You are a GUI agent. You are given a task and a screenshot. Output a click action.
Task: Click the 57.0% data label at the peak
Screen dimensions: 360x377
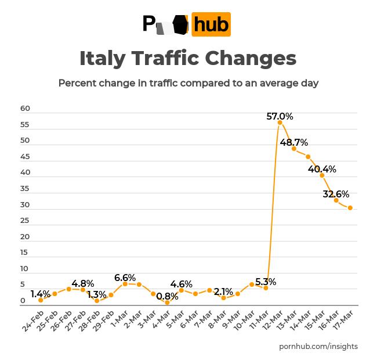pyautogui.click(x=280, y=116)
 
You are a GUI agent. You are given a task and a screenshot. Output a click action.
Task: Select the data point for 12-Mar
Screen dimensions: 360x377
pyautogui.click(x=280, y=123)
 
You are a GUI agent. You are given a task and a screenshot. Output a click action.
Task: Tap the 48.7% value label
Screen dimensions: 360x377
pyautogui.click(x=294, y=143)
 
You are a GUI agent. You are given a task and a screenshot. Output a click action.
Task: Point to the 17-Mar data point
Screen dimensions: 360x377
pyautogui.click(x=350, y=208)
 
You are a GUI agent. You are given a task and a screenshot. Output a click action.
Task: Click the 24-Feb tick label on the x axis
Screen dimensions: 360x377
pyautogui.click(x=34, y=321)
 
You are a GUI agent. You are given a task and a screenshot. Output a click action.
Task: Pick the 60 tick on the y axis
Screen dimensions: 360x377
pyautogui.click(x=25, y=109)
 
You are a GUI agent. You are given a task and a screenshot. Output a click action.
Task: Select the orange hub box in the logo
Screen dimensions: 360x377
pyautogui.click(x=211, y=24)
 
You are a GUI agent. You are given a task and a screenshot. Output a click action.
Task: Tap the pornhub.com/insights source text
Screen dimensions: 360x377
pyautogui.click(x=318, y=347)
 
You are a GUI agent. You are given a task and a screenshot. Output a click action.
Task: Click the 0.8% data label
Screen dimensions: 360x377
pyautogui.click(x=167, y=296)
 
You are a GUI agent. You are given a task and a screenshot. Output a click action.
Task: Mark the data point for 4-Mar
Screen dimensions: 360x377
pyautogui.click(x=167, y=303)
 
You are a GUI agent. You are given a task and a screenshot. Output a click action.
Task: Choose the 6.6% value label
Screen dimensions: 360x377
pyautogui.click(x=125, y=278)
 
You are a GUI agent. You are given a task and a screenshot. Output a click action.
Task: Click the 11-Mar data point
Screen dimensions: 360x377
pyautogui.click(x=266, y=288)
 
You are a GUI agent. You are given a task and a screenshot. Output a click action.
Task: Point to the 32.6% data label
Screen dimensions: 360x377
pyautogui.click(x=336, y=194)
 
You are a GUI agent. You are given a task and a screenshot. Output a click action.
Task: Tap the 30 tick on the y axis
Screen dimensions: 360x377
pyautogui.click(x=25, y=205)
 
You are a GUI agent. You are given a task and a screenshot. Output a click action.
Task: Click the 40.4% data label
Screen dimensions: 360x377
pyautogui.click(x=322, y=170)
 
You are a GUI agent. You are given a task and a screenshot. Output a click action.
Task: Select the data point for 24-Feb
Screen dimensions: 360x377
pyautogui.click(x=41, y=300)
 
